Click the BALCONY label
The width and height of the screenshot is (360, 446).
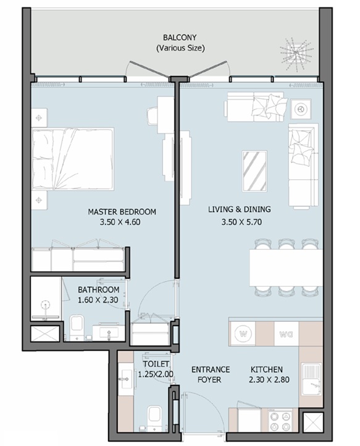point(180,38)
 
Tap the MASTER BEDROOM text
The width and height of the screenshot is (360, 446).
point(122,212)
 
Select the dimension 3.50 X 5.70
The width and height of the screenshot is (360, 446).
point(241,222)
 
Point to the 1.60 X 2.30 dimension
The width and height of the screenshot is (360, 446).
point(98,300)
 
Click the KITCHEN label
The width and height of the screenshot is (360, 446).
point(266,369)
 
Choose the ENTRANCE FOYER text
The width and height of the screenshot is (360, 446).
point(211,374)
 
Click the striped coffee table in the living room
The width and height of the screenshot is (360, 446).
point(254,171)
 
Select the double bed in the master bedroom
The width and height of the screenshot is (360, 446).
point(73,159)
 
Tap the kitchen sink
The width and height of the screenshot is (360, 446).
point(312,379)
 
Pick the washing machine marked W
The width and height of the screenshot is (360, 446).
point(243,334)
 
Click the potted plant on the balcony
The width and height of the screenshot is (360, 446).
point(296,54)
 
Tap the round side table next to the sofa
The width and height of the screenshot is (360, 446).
point(299,109)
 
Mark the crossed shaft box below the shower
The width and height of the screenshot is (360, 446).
point(44,334)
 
